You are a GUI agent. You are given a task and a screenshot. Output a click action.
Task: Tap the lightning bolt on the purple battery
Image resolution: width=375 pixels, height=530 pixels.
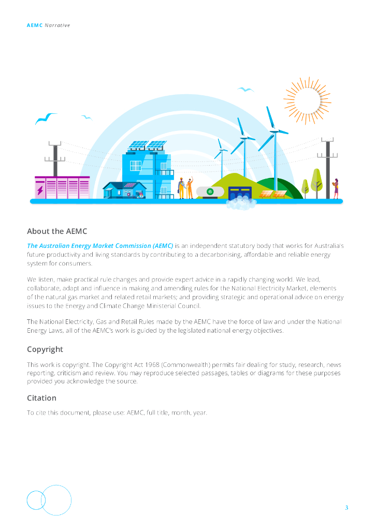coord(40,190)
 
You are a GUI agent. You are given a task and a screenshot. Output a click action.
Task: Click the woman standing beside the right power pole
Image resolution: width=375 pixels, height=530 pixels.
coord(336,188)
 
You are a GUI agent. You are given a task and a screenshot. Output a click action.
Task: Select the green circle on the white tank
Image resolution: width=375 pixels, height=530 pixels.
coord(210,192)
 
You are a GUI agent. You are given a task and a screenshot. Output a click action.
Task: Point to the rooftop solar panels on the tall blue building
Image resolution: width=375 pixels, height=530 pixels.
coord(147,145)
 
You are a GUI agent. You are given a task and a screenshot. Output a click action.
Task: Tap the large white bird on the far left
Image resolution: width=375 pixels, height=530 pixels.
coord(46,119)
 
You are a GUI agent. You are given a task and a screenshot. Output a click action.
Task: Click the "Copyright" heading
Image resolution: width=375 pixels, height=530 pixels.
coord(45,349)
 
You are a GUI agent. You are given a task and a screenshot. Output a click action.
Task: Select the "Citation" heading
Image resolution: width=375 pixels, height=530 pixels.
coord(41,398)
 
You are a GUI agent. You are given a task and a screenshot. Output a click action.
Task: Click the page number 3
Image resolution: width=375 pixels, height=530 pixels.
coord(347,508)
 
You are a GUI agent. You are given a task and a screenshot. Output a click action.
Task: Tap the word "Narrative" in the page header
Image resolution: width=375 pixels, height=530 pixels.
coord(57,25)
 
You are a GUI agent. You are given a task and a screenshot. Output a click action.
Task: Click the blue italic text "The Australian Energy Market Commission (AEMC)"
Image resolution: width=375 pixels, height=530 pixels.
coord(100,245)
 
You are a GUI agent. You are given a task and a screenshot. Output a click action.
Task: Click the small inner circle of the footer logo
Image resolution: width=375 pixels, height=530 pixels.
coord(36,500)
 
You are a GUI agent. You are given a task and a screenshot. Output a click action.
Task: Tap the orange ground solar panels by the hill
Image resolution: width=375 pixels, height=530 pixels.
coord(273,194)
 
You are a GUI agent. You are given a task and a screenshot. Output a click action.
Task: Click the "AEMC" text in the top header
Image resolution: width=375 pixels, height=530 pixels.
coord(34,25)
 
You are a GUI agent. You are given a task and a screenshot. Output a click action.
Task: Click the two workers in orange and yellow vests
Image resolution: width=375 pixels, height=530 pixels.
coord(185,188)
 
